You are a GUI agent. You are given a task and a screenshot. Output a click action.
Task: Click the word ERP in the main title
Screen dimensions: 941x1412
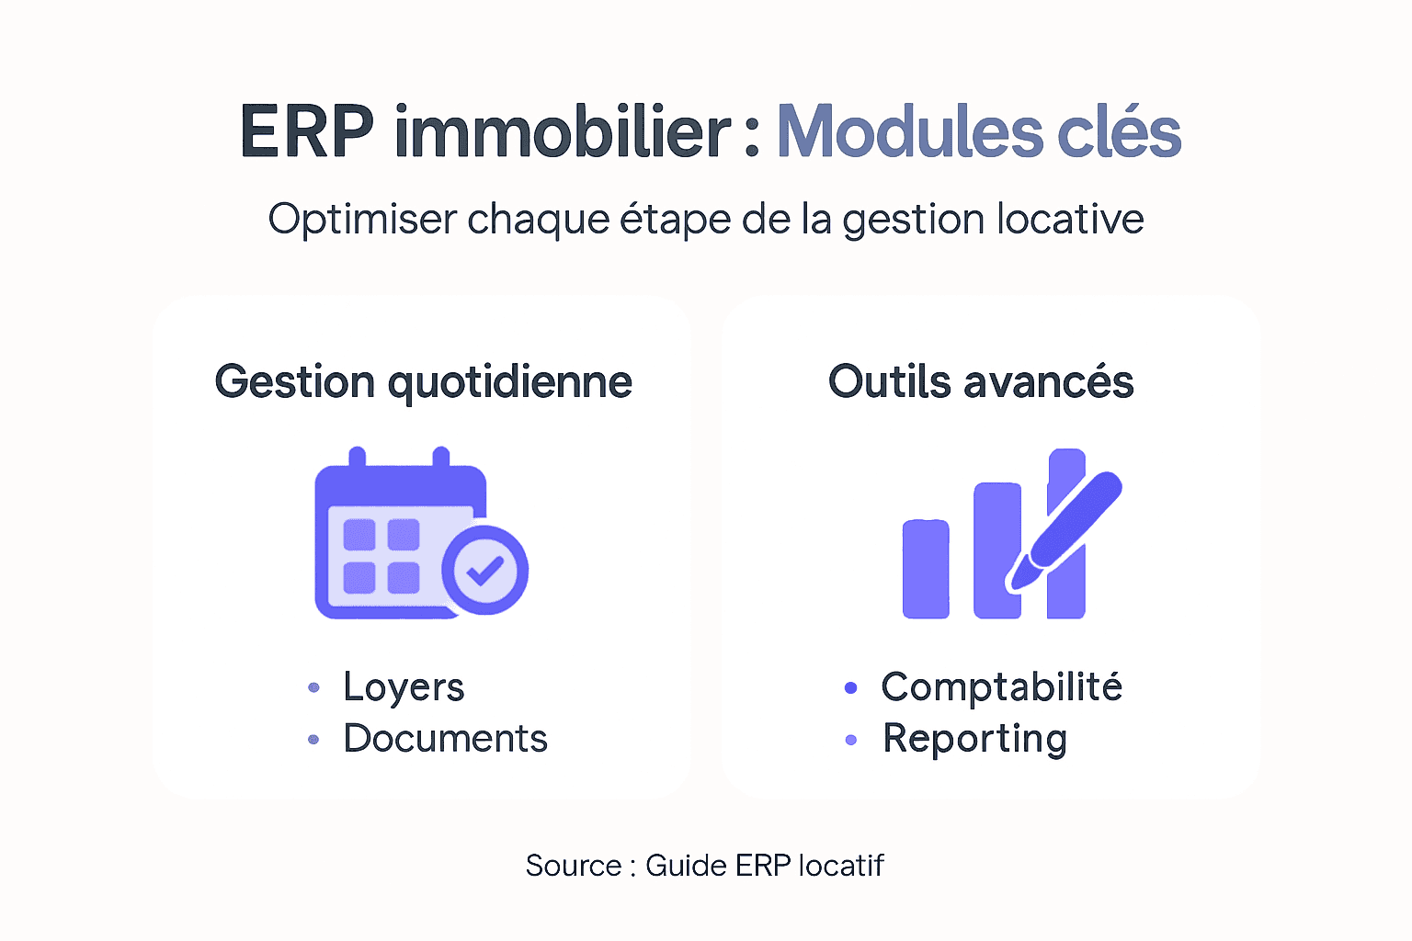(x=306, y=132)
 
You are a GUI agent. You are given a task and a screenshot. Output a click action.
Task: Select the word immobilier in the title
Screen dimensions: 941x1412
(x=562, y=132)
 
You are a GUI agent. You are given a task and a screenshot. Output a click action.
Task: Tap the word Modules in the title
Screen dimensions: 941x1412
(x=909, y=132)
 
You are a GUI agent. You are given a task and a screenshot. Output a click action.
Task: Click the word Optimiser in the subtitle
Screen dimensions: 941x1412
(x=361, y=220)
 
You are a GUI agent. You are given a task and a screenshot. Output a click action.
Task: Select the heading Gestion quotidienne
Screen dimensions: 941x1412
(x=423, y=382)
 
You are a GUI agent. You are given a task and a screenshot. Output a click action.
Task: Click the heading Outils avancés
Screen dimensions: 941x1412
(x=981, y=382)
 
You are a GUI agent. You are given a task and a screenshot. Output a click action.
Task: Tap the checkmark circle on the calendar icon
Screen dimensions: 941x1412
(x=484, y=570)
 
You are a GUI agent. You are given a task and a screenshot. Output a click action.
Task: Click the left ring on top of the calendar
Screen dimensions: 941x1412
(x=358, y=457)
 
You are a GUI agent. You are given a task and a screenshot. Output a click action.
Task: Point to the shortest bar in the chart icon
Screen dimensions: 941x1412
(x=926, y=569)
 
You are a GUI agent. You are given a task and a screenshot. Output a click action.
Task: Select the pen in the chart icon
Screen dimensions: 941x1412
(x=1066, y=528)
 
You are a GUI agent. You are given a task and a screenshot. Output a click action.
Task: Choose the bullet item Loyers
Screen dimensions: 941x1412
(x=404, y=687)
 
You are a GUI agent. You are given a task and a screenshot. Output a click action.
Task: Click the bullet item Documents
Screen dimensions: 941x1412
(x=445, y=739)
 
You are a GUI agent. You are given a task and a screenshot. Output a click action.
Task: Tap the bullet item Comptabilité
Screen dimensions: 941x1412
(x=1001, y=687)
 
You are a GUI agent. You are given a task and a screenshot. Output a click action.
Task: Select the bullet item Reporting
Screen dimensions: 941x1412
(x=974, y=739)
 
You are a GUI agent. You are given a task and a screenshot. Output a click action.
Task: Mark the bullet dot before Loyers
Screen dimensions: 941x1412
(x=313, y=687)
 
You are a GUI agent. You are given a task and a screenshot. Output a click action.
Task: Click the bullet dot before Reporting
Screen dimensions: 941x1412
(x=850, y=740)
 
